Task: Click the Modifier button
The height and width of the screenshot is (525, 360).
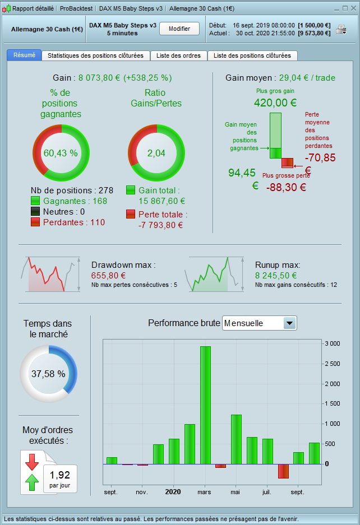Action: pyautogui.click(x=179, y=29)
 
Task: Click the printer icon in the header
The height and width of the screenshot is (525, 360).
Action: pyautogui.click(x=341, y=30)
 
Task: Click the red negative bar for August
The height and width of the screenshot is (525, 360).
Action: pyautogui.click(x=283, y=471)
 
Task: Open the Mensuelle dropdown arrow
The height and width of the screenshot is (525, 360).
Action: pyautogui.click(x=289, y=323)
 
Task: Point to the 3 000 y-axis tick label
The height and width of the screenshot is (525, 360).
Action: pyautogui.click(x=333, y=344)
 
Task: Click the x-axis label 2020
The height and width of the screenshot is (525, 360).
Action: pyautogui.click(x=173, y=492)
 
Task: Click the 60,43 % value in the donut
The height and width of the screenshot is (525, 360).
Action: pyautogui.click(x=61, y=153)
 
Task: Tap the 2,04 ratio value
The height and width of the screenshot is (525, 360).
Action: pyautogui.click(x=158, y=153)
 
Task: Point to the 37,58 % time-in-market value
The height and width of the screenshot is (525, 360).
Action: pyautogui.click(x=48, y=374)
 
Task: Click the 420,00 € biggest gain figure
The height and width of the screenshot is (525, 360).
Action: pyautogui.click(x=275, y=103)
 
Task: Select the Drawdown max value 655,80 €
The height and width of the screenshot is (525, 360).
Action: pyautogui.click(x=108, y=275)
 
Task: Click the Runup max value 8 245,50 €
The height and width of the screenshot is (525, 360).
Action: pyautogui.click(x=276, y=275)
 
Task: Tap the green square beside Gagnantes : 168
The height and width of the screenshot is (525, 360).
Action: pyautogui.click(x=35, y=201)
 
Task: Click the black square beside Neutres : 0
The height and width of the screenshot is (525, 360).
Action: pyautogui.click(x=35, y=212)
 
